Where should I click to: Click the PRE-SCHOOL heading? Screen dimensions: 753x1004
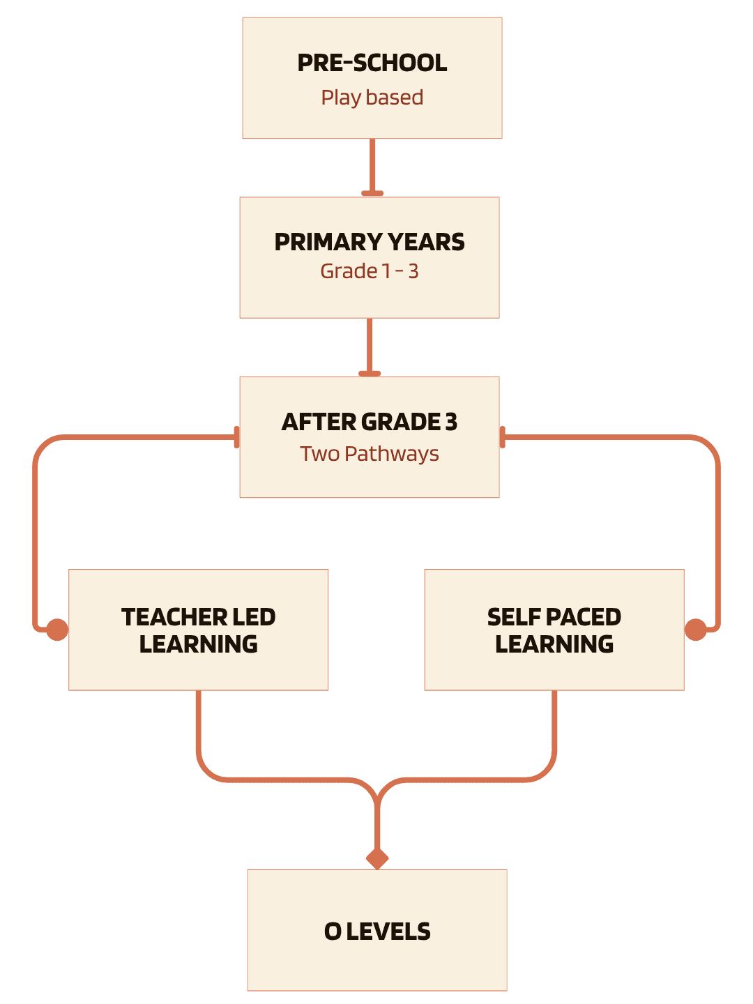click(372, 63)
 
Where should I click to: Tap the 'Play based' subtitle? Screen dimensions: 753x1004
click(372, 98)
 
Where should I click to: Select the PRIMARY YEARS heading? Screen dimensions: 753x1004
click(369, 242)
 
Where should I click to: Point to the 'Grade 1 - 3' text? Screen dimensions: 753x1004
click(369, 271)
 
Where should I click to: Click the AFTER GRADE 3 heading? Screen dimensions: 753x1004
click(369, 422)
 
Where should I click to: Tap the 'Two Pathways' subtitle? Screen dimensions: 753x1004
click(369, 454)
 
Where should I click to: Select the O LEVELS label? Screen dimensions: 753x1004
click(377, 931)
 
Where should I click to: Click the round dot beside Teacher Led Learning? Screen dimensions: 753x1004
click(57, 630)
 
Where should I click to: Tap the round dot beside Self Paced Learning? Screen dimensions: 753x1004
click(695, 630)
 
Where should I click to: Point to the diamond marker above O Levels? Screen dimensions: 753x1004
click(377, 858)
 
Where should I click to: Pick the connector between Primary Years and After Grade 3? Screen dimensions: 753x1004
click(370, 346)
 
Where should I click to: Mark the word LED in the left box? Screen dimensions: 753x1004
click(254, 617)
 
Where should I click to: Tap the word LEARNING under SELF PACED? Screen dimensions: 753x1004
click(554, 644)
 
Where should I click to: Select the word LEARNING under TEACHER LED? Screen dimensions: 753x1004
click(199, 644)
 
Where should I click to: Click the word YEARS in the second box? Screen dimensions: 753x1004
click(426, 242)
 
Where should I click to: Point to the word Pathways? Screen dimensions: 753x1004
click(391, 454)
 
